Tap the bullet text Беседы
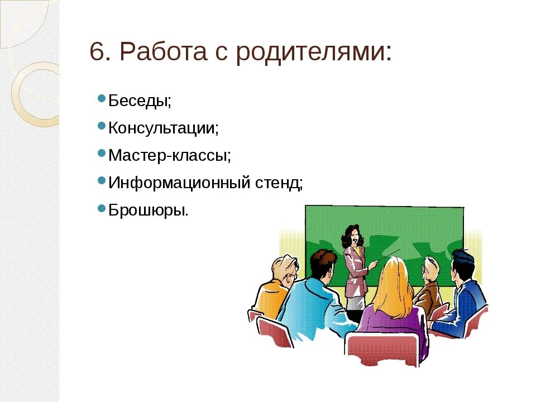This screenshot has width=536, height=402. point(139,101)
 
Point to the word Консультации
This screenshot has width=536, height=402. point(162,128)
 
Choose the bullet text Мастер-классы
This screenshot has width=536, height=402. point(169,155)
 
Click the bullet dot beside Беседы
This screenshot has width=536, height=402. point(101,99)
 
